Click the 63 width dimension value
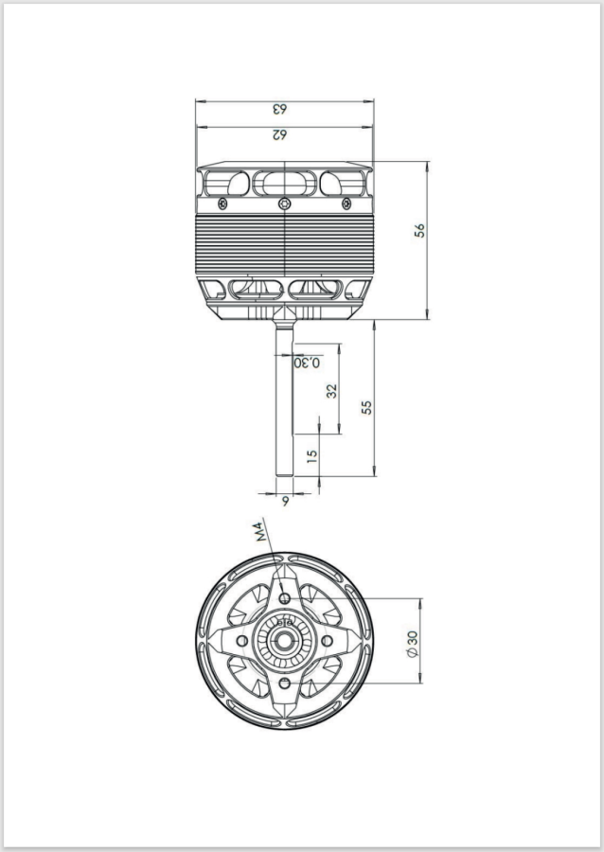tap(279, 109)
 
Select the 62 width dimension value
tap(279, 134)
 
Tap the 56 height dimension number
tap(419, 230)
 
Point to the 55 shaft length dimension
tap(366, 407)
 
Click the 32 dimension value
tap(331, 391)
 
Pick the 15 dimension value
tap(311, 455)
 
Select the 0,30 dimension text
tap(307, 363)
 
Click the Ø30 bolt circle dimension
tap(413, 644)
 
